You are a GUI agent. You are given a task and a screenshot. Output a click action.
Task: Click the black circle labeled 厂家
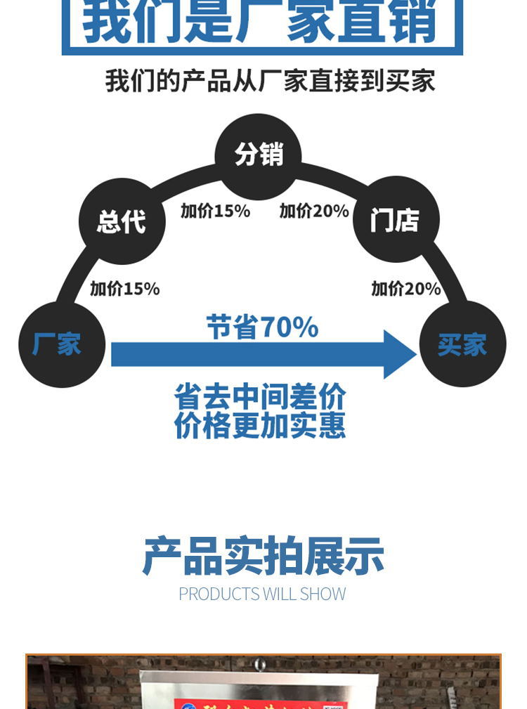click(x=62, y=344)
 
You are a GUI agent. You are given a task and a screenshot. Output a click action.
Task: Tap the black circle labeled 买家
click(x=462, y=344)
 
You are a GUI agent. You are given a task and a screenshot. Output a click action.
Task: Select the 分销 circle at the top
click(x=258, y=155)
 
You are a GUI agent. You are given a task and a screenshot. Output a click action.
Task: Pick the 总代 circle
click(x=122, y=221)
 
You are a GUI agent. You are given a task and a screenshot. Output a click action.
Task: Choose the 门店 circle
click(x=396, y=220)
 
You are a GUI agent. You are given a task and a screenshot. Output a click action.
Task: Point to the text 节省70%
click(x=262, y=327)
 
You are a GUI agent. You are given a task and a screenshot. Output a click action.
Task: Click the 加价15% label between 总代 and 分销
click(x=215, y=211)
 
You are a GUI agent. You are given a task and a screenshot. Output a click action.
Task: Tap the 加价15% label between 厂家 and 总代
click(x=124, y=288)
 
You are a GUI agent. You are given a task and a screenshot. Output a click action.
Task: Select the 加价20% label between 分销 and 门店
click(x=314, y=211)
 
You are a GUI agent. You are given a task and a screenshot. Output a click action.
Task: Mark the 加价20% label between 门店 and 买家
click(x=405, y=288)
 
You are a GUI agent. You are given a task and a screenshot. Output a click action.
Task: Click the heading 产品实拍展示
click(x=263, y=557)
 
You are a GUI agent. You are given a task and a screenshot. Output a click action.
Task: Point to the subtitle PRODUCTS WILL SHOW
click(x=262, y=594)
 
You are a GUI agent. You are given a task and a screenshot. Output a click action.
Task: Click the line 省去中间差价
click(x=260, y=397)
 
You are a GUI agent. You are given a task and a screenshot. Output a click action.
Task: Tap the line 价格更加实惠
click(x=260, y=426)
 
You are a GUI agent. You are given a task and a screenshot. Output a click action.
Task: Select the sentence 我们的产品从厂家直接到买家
click(x=270, y=81)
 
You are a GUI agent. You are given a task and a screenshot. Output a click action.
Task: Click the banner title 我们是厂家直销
click(x=261, y=22)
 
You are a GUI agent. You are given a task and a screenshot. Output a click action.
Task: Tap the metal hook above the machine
click(x=261, y=663)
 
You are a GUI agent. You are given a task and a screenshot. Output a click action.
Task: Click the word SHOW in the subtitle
click(x=323, y=594)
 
